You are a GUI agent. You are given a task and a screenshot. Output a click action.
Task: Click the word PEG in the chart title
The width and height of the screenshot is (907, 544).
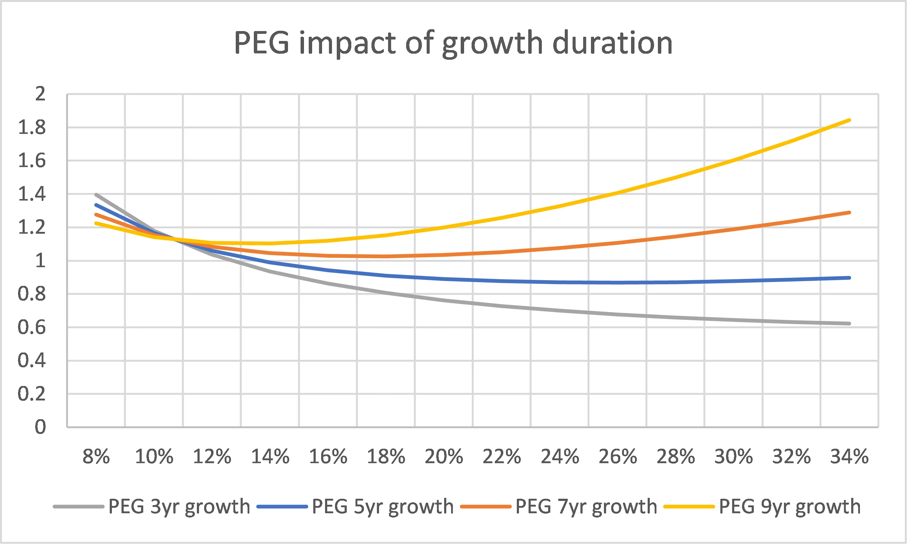(x=262, y=43)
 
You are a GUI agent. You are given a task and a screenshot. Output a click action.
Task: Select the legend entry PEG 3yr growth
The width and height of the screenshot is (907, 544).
(x=179, y=507)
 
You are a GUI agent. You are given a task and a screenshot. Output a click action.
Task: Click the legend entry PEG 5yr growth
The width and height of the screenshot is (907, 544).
(x=383, y=507)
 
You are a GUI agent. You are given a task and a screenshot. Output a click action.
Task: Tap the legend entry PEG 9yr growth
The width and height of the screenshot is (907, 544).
(x=789, y=507)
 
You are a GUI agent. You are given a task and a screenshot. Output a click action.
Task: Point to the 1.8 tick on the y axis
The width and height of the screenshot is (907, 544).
(x=32, y=128)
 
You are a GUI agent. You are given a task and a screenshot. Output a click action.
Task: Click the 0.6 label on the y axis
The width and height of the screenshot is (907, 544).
(x=32, y=327)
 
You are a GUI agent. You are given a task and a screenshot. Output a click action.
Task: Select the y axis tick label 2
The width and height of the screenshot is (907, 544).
(x=40, y=94)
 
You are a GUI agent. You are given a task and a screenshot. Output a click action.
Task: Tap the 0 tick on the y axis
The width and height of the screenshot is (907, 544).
(x=40, y=427)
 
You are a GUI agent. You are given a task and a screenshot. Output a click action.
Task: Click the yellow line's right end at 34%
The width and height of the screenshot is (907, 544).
(x=849, y=120)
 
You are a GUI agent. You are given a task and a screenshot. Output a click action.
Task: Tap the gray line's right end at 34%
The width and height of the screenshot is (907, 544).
(x=849, y=324)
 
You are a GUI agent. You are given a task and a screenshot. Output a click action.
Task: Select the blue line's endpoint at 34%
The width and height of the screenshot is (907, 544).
(x=849, y=278)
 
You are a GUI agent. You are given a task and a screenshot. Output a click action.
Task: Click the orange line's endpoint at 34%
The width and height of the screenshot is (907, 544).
(x=849, y=213)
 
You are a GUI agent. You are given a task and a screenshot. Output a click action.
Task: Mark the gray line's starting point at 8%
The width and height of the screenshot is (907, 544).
(x=96, y=195)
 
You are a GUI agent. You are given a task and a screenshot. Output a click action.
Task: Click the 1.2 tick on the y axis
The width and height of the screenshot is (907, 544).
(x=32, y=227)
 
